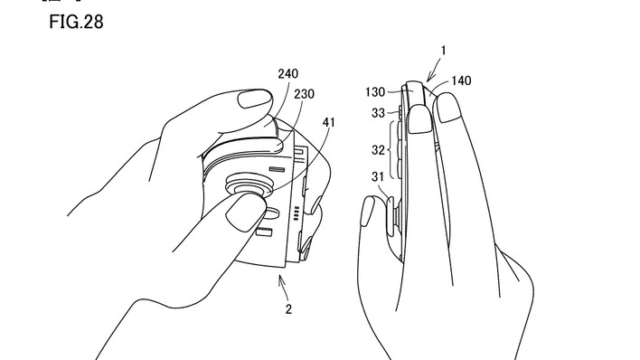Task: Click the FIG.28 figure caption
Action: (76, 22)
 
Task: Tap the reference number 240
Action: (288, 74)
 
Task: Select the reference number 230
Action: (304, 94)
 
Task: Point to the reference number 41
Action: (328, 122)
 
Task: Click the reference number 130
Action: (375, 92)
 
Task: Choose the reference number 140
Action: (461, 81)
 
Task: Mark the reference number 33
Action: (378, 113)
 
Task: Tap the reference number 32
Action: (378, 150)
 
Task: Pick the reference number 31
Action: (378, 177)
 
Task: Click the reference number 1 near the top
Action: (443, 51)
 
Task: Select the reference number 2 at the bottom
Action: (288, 309)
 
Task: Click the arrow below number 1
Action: (434, 71)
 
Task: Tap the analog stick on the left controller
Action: (249, 186)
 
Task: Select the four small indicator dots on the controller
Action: (296, 213)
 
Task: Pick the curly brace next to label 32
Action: (393, 150)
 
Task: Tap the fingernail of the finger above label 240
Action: (254, 99)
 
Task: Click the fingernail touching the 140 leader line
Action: (447, 108)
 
